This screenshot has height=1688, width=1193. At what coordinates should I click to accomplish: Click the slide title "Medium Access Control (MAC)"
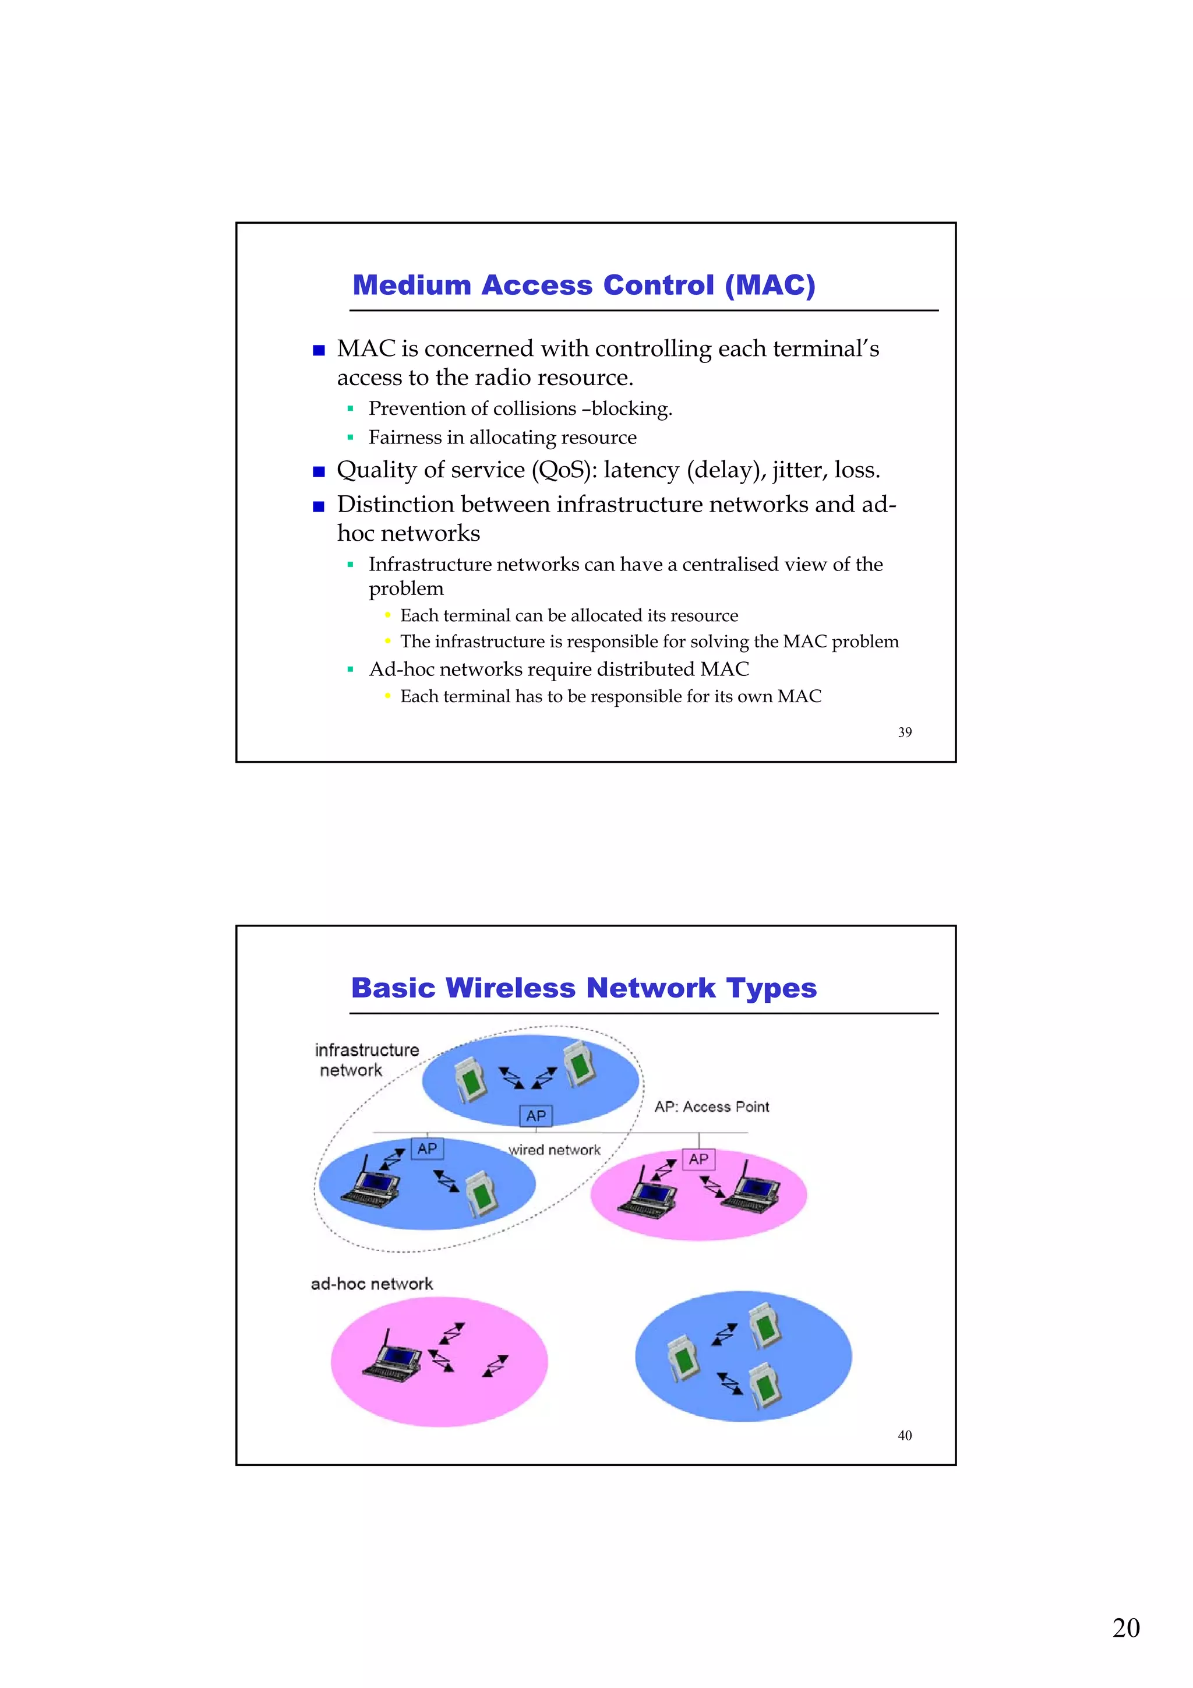click(584, 286)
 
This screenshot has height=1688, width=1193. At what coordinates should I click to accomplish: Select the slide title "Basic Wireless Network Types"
click(584, 988)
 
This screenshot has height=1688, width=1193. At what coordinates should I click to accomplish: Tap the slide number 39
click(904, 732)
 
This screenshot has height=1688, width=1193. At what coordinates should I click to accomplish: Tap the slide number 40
click(904, 1435)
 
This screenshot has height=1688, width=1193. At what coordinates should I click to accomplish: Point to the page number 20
click(1125, 1628)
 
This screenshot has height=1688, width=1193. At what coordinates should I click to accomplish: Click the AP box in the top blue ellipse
click(536, 1115)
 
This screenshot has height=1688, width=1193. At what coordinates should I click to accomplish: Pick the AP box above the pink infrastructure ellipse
click(698, 1160)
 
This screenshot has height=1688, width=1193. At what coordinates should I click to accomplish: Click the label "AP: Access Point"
click(711, 1106)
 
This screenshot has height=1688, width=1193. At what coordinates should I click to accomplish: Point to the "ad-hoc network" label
click(372, 1284)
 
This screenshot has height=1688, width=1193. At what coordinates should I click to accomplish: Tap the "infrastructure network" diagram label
click(366, 1059)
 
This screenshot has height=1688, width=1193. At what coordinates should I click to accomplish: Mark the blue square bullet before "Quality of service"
click(318, 472)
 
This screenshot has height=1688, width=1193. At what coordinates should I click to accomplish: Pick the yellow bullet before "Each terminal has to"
click(387, 696)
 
